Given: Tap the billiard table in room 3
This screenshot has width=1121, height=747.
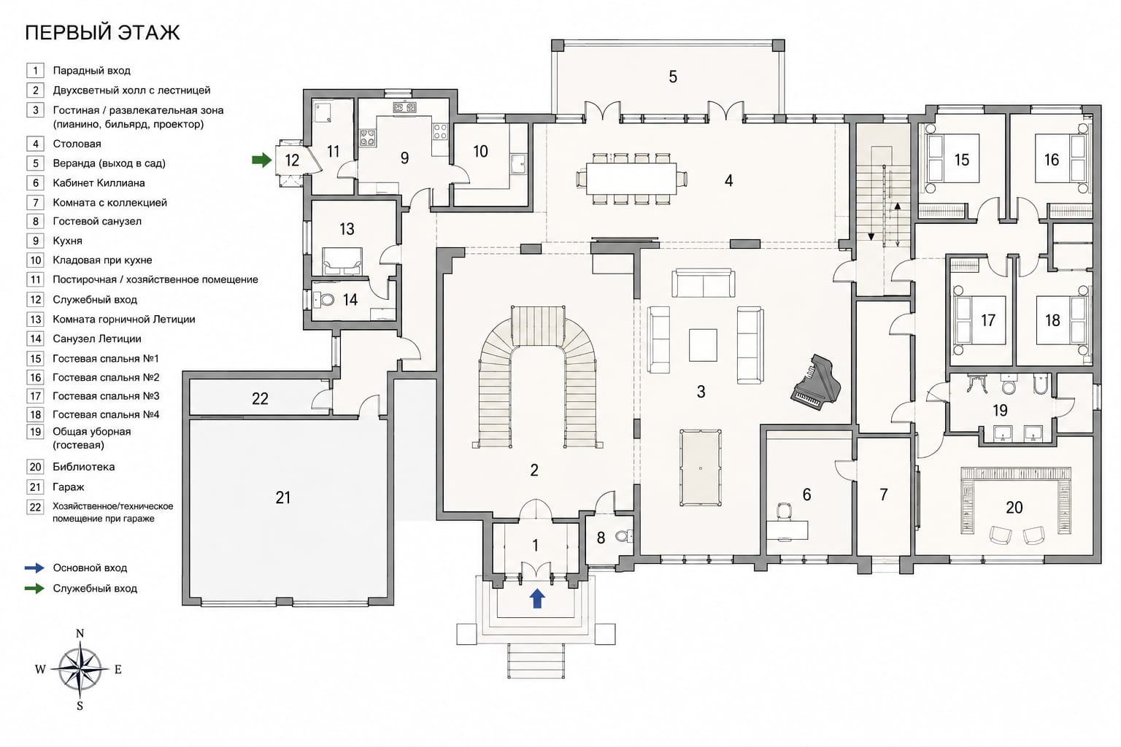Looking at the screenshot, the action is coord(700,468).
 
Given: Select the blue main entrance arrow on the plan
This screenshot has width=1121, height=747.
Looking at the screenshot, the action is coord(537,598).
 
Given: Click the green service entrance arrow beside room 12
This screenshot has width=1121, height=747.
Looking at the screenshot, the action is coord(261,160).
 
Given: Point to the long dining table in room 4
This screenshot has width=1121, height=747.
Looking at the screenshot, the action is coord(631,179).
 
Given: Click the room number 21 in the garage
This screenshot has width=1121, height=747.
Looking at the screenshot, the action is coord(282,498).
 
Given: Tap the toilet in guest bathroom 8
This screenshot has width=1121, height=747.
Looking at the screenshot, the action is coord(623,536).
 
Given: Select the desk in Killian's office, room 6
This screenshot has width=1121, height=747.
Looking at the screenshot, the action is coord(787,530).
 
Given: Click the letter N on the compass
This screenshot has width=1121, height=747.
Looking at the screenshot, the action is coord(80,633).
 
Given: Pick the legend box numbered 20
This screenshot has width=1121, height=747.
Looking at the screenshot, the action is coord(35,467).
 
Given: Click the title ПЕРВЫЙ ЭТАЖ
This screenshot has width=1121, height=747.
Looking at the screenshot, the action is coord(102,33).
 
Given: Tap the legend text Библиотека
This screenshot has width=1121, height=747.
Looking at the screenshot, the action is coord(84,467).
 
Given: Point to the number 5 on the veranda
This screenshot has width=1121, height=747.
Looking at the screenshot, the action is coord(673,77).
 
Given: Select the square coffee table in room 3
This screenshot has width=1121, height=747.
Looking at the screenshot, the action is coord(703,345).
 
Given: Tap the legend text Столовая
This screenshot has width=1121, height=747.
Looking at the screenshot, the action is coord(77,144).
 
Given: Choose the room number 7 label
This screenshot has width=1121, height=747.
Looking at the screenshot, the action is coord(883,495).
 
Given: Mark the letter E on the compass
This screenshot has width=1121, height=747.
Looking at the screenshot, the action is coord(118,670).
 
